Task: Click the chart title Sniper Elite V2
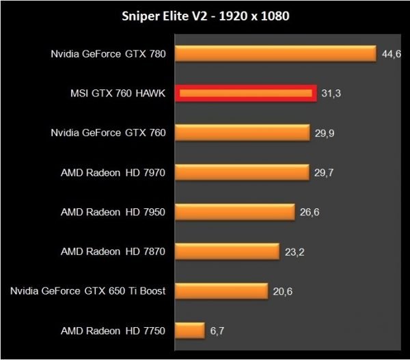point(204,15)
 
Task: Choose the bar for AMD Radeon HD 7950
point(235,212)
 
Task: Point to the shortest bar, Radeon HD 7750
point(190,331)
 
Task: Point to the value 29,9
point(323,133)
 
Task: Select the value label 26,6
point(309,212)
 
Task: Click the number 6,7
point(217,331)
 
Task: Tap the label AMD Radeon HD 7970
point(113,172)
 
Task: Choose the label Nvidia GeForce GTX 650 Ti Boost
point(88,291)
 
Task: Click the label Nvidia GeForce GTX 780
point(108,53)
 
